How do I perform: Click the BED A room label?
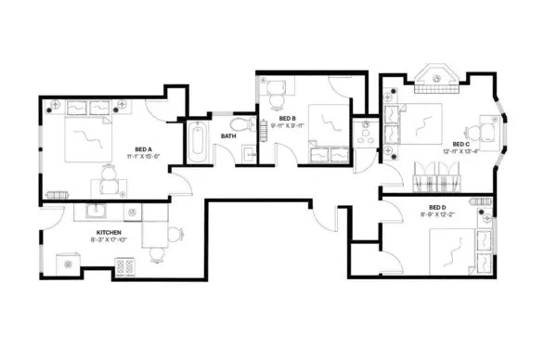pyautogui.click(x=142, y=148)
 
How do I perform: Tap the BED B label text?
pyautogui.click(x=287, y=119)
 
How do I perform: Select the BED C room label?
pyautogui.click(x=460, y=145)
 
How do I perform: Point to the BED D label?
pyautogui.click(x=439, y=207)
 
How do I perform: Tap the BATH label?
pyautogui.click(x=227, y=137)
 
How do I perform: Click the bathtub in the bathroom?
pyautogui.click(x=197, y=144)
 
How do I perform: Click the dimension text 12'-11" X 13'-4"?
pyautogui.click(x=460, y=154)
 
